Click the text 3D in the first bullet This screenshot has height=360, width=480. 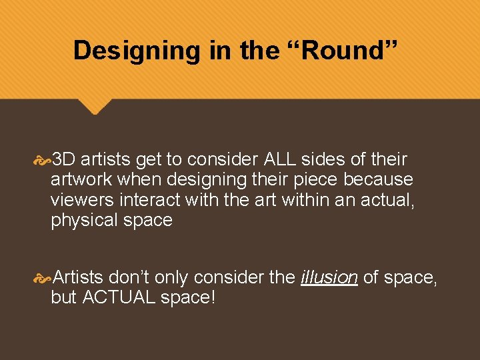pos(63,160)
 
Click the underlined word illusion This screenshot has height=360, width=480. pos(329,278)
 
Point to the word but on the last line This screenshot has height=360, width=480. pos(63,298)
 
